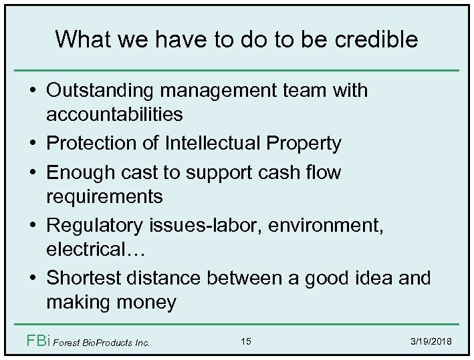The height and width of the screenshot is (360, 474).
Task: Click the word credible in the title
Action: tap(377, 39)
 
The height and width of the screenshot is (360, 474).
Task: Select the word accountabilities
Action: tap(114, 114)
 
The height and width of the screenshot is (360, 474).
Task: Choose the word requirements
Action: tap(104, 196)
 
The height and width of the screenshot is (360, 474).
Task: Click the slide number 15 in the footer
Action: tap(246, 342)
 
